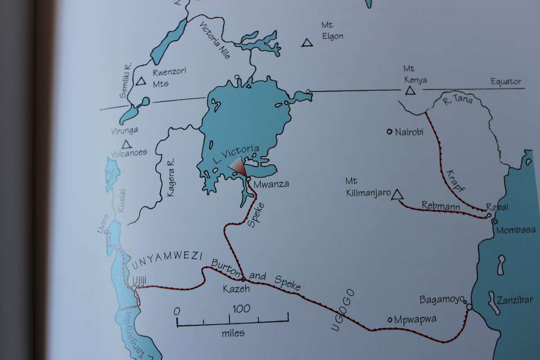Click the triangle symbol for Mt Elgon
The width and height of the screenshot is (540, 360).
pos(307,43)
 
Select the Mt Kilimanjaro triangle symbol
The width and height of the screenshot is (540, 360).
pos(396,195)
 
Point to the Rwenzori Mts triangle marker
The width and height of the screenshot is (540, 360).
pos(142,82)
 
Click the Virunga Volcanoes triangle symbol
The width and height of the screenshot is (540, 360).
pos(126,144)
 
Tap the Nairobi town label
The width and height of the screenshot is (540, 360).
pos(409,132)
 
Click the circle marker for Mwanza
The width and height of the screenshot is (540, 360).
pos(248,180)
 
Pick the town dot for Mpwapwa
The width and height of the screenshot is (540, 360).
pos(390,320)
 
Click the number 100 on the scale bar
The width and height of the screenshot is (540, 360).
pos(241,309)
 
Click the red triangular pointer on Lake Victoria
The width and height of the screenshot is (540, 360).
pos(237,167)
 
